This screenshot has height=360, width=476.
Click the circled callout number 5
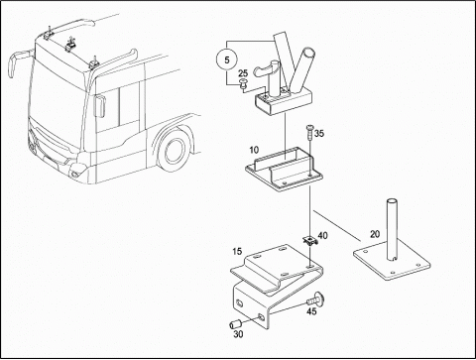pos(227,60)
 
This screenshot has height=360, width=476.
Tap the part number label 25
pos(243,73)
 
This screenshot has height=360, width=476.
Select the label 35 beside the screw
pos(319,134)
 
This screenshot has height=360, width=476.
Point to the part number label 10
pos(254,150)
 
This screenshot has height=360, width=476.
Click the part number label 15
pos(237,252)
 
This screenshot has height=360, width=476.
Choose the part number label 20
pos(375,234)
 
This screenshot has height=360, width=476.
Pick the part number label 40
pos(322,236)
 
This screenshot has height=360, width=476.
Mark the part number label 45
pos(311,311)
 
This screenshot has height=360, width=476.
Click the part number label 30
pos(238,334)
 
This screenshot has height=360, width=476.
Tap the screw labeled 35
pos(310,133)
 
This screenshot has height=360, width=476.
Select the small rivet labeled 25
pos(243,83)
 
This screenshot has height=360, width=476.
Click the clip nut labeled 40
pos(310,241)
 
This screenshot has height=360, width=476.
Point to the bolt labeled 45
pos(315,300)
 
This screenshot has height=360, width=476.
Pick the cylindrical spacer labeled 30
pos(234,324)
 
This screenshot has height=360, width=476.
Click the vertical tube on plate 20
pos(392,229)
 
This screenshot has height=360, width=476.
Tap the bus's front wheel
pos(174,151)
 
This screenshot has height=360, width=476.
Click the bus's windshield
pos(58,92)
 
